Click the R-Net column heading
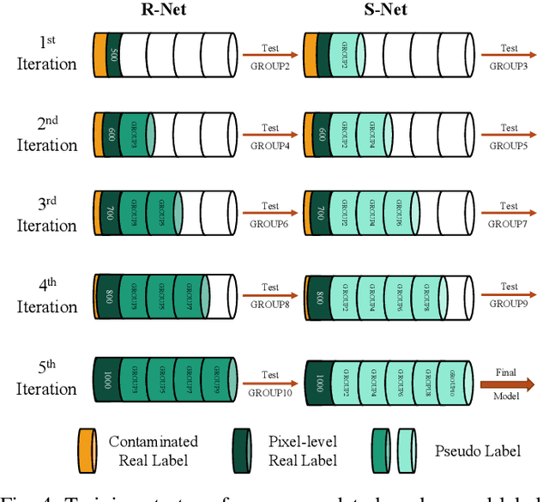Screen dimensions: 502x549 pyautogui.click(x=166, y=11)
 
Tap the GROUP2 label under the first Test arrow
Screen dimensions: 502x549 pyautogui.click(x=269, y=64)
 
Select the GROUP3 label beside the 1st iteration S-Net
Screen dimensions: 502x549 pyautogui.click(x=510, y=64)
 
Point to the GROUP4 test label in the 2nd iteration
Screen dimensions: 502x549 pyautogui.click(x=269, y=145)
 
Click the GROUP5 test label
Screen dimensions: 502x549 pyautogui.click(x=510, y=145)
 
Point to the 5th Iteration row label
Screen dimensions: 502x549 pyautogui.click(x=47, y=379)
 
